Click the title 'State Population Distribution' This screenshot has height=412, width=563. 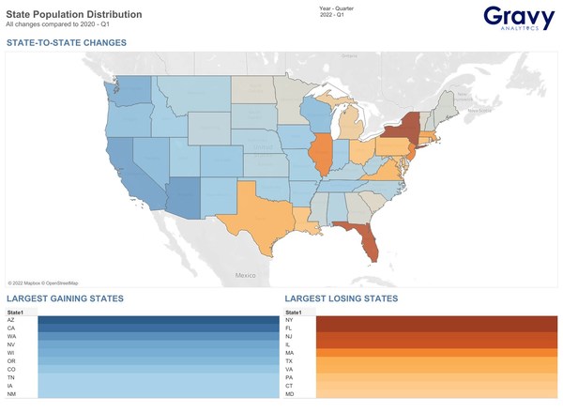[74, 14]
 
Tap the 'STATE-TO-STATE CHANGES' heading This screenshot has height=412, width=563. [67, 43]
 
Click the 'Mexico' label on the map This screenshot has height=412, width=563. [245, 275]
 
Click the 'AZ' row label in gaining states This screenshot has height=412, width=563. [10, 320]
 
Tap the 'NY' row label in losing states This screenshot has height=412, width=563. [289, 320]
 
